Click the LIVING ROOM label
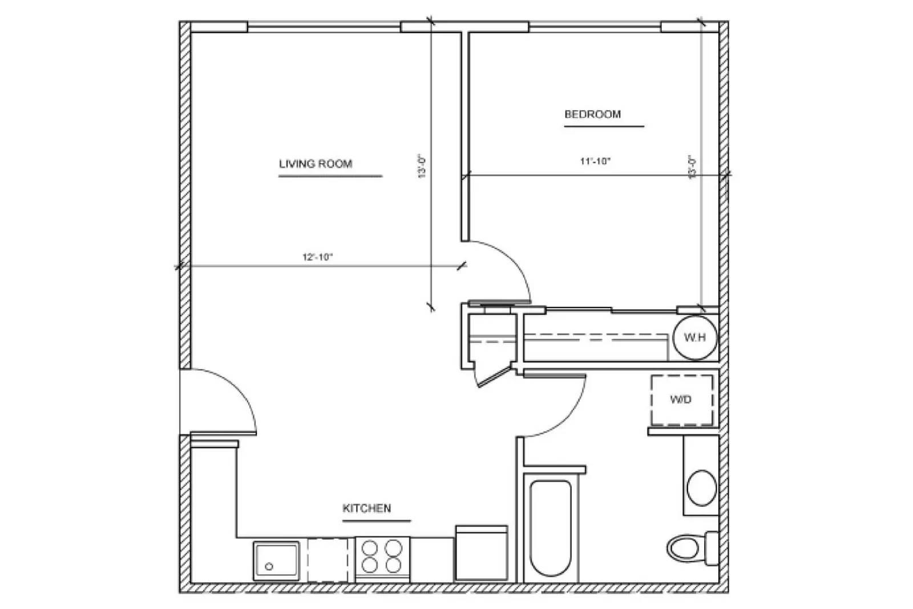pos(316,164)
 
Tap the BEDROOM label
pos(592,114)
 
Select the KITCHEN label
pos(367,508)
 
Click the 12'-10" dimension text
pos(317,257)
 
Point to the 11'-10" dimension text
pos(595,162)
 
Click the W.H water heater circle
pos(694,337)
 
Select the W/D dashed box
pos(681,400)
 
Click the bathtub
pos(551,528)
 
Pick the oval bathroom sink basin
pos(701,487)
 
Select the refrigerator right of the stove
pos(481,553)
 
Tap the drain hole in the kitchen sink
pos(269,567)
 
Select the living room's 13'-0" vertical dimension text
pos(422,166)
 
